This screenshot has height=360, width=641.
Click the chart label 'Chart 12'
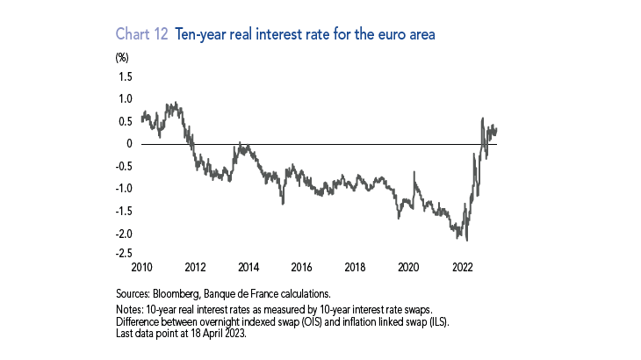point(142,33)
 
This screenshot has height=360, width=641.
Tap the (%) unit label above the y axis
point(122,58)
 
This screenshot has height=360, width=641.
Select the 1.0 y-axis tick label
point(126,98)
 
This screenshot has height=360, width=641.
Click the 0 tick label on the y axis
point(131,143)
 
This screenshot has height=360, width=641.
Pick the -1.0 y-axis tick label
point(125,188)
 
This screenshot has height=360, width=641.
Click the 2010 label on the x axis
point(141,266)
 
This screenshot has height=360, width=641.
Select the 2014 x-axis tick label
point(248,266)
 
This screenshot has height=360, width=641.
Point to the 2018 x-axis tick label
point(355,266)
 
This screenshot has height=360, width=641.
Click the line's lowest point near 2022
point(467,239)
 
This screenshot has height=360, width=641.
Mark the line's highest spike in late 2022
point(482,118)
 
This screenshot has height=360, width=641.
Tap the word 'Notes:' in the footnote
point(131,308)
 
